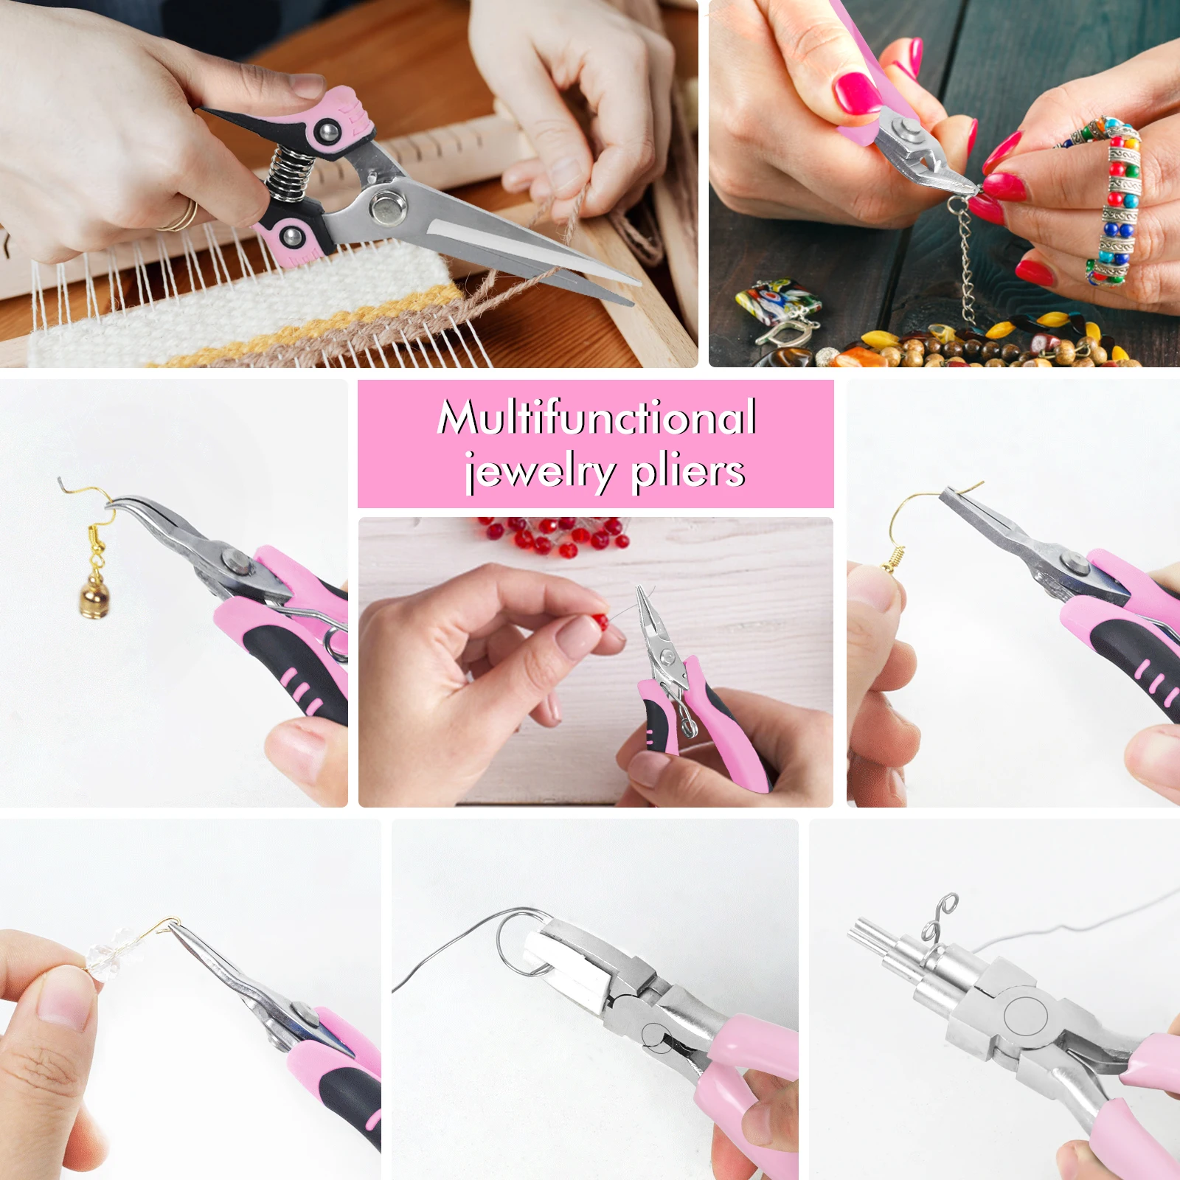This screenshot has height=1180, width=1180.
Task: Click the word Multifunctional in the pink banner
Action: (597, 417)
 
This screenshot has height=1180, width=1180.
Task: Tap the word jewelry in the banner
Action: (540, 472)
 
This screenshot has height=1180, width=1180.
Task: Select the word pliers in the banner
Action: (689, 472)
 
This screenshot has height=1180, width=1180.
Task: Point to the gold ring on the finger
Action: (181, 216)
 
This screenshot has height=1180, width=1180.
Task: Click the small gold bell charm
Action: (94, 594)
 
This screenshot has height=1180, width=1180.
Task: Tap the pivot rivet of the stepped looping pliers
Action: (1025, 1015)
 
